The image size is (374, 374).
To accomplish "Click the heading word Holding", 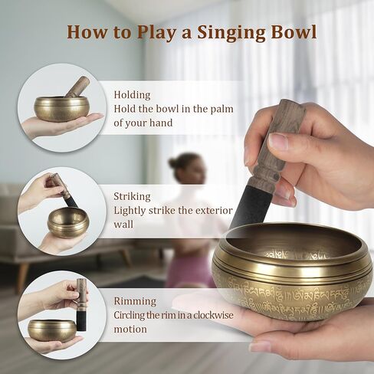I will click(x=133, y=95).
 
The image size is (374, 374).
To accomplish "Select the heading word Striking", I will click(x=133, y=196).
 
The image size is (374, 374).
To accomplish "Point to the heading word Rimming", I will click(x=135, y=301).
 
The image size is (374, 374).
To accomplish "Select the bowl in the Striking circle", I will click(x=67, y=221).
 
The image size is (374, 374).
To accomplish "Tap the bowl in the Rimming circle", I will click(x=52, y=330).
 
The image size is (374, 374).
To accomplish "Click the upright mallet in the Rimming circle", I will click(x=81, y=304).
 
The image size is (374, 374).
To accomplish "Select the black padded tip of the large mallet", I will click(x=249, y=203).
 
